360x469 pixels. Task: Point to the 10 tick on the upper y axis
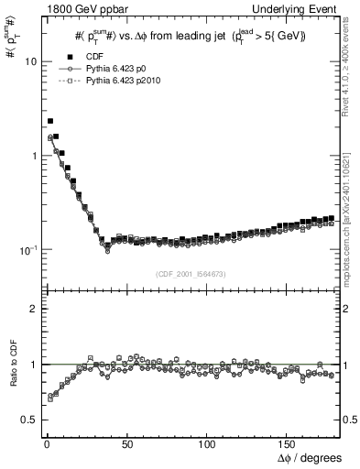27,61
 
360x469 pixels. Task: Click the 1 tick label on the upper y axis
30,156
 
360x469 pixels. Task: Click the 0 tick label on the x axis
45,443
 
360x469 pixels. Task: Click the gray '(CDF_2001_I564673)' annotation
190,274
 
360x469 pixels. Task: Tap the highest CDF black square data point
50,121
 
